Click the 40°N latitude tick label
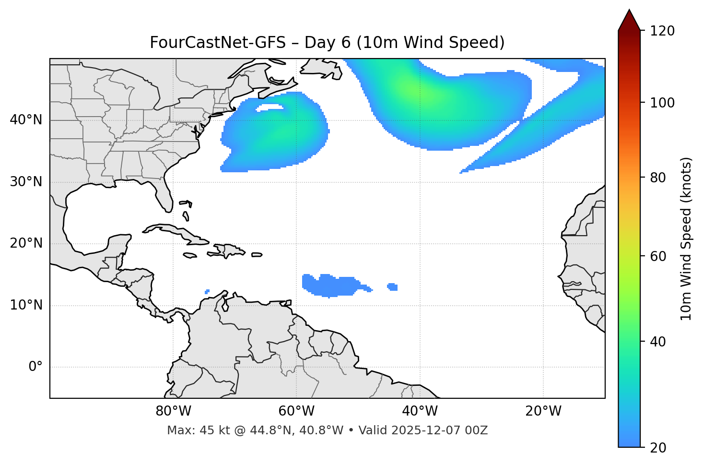pyautogui.click(x=26, y=120)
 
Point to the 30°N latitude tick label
pyautogui.click(x=26, y=182)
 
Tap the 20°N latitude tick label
pyautogui.click(x=26, y=243)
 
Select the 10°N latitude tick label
pyautogui.click(x=26, y=305)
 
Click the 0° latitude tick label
pyautogui.click(x=35, y=367)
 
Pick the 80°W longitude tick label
pyautogui.click(x=173, y=411)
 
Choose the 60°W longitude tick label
pyautogui.click(x=296, y=411)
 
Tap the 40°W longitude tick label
pyautogui.click(x=420, y=411)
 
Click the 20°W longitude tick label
pyautogui.click(x=543, y=411)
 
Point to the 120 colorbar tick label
pyautogui.click(x=662, y=31)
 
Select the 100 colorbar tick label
pyautogui.click(x=662, y=103)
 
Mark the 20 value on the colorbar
pyautogui.click(x=659, y=448)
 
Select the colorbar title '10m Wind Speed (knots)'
pyautogui.click(x=686, y=238)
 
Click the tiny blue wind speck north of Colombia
pyautogui.click(x=207, y=291)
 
